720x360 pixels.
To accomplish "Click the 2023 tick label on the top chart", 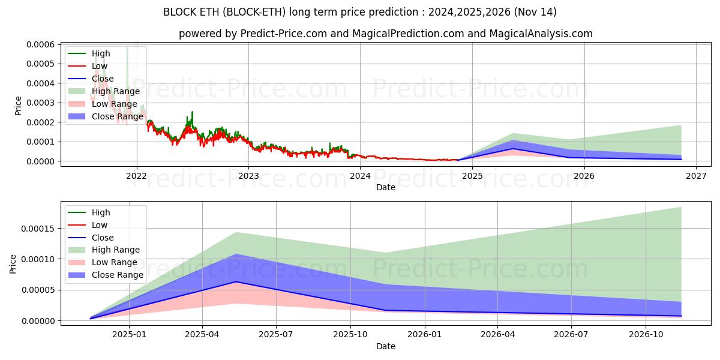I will pos(248,176).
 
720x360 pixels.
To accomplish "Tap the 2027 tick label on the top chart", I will pos(696,176).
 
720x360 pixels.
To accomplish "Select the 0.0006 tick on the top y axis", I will pos(41,44).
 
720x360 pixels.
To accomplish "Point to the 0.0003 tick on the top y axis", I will pos(41,103).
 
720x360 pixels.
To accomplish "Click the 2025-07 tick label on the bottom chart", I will pos(276,335).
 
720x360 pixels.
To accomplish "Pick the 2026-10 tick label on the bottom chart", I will pos(646,335).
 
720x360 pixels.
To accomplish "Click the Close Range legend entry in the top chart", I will pos(117,116).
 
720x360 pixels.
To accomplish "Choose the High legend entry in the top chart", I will pos(101,53).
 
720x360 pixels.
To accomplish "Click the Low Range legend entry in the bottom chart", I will pos(114,262).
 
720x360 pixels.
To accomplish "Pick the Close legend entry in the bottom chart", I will pos(102,238).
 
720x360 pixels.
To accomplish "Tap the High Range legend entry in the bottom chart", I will pos(115,250).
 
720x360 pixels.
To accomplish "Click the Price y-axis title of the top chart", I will pos(18,105).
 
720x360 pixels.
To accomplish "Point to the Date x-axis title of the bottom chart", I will pos(385,346).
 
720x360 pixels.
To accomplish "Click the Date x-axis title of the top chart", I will pos(385,187).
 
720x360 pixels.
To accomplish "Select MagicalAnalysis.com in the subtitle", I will pos(541,34).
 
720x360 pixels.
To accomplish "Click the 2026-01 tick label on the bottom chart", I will pos(424,335).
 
